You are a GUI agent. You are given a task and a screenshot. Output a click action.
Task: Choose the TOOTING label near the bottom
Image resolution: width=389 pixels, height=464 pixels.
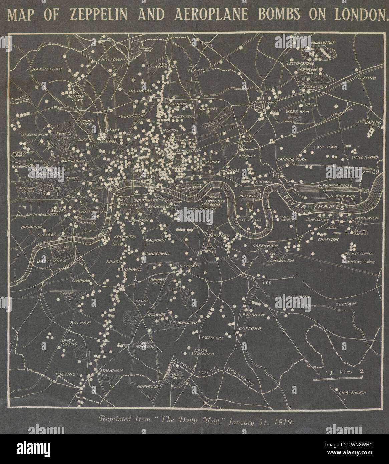coord(65,374)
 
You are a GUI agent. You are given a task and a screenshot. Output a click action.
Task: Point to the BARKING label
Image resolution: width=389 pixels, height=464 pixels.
coord(373,123)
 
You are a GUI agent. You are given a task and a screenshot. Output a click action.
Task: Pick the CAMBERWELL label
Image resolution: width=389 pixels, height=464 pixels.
coord(158,254)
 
